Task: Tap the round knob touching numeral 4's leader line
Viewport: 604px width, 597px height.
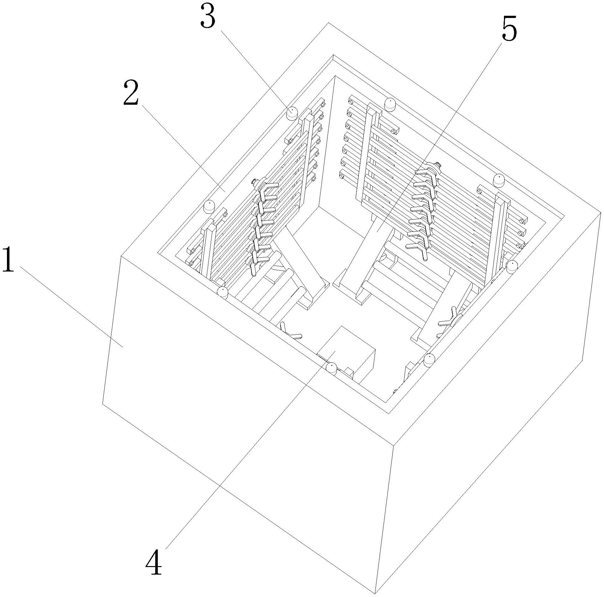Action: pos(332,368)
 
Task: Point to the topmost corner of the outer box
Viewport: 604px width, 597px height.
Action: pos(329,23)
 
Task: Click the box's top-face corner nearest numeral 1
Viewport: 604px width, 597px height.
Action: pos(121,256)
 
